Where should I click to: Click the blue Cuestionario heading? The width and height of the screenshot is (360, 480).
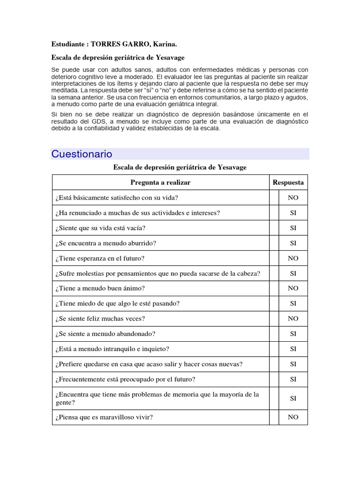tap(82, 154)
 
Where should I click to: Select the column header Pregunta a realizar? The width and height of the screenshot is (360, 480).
tap(160, 182)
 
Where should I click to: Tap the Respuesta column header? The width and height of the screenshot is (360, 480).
tap(288, 182)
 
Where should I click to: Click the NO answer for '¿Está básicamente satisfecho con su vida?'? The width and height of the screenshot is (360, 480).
tap(293, 198)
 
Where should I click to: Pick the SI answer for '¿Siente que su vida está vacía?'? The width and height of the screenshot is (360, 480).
tap(293, 228)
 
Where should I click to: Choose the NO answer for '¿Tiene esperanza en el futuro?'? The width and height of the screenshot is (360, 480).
tap(293, 258)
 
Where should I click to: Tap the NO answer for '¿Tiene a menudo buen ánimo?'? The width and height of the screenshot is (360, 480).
tap(293, 288)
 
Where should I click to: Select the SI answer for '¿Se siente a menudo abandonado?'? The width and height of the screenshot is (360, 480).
tap(293, 334)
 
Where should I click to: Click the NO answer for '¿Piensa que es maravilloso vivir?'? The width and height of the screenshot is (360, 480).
tap(293, 417)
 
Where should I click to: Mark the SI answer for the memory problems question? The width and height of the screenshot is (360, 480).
tap(293, 398)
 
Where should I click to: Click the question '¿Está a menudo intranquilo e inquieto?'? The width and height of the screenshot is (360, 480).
tap(112, 349)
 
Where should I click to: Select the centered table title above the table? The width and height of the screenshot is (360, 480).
tap(180, 167)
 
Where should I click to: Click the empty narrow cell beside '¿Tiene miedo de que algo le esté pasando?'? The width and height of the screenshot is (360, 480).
tap(274, 304)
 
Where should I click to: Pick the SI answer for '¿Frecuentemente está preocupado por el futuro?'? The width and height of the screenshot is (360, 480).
tap(293, 379)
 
